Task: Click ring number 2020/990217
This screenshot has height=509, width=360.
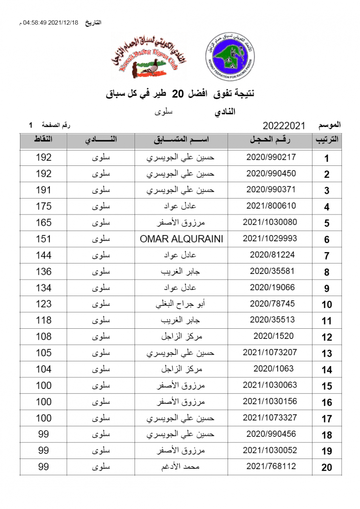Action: click(x=271, y=157)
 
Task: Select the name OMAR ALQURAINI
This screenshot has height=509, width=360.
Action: click(x=181, y=239)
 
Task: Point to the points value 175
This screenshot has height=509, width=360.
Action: click(x=43, y=206)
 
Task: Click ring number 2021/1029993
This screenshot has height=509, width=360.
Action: click(x=270, y=238)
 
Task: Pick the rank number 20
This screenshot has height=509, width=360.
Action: click(x=326, y=468)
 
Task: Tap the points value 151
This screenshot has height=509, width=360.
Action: click(x=43, y=239)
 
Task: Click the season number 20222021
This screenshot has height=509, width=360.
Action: click(x=284, y=126)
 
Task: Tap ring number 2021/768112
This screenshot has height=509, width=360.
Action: click(x=271, y=467)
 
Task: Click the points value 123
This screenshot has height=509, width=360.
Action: click(x=43, y=304)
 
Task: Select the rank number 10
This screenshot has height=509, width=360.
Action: click(x=326, y=305)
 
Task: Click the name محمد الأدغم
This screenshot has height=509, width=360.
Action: click(x=181, y=467)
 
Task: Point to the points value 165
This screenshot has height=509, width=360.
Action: click(x=43, y=222)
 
